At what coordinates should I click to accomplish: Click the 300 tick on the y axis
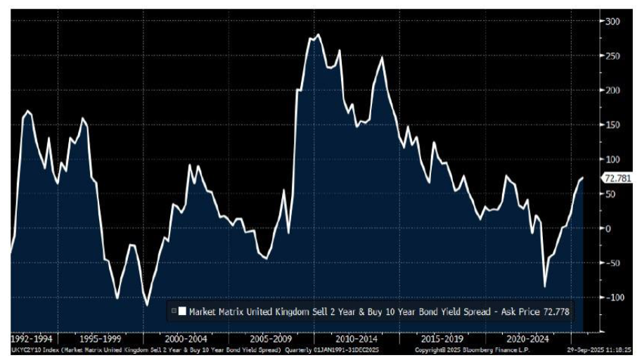point(613,22)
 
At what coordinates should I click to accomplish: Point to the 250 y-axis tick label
point(613,56)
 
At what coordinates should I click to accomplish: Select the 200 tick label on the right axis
point(613,91)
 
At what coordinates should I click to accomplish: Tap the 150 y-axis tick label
point(613,125)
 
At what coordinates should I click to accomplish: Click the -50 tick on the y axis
point(613,263)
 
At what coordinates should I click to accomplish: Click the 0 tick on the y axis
point(609,229)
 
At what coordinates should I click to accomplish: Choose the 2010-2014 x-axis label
point(356,337)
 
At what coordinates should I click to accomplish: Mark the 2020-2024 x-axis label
point(529,337)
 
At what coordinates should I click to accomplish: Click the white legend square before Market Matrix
point(183,310)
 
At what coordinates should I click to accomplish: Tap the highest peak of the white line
point(318,34)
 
